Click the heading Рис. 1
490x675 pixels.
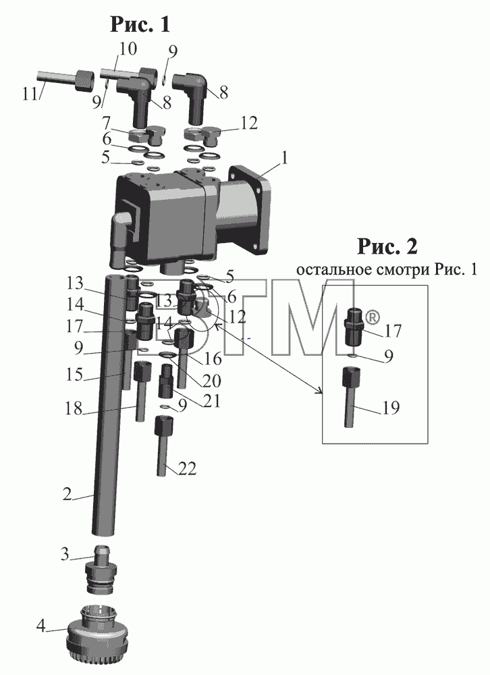(x=140, y=24)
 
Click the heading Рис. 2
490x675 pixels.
(x=387, y=246)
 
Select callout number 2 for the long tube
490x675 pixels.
(x=67, y=494)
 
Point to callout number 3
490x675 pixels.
(x=65, y=554)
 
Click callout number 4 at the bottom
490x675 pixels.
(x=40, y=626)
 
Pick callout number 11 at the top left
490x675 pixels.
(x=30, y=93)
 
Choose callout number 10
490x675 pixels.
(x=128, y=49)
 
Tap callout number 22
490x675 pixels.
(x=188, y=468)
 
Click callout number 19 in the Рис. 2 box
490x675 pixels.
(x=391, y=407)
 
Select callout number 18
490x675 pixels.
(x=73, y=408)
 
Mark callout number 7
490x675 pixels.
(x=107, y=124)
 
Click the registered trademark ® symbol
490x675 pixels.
(x=373, y=318)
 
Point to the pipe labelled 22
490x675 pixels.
(x=163, y=445)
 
